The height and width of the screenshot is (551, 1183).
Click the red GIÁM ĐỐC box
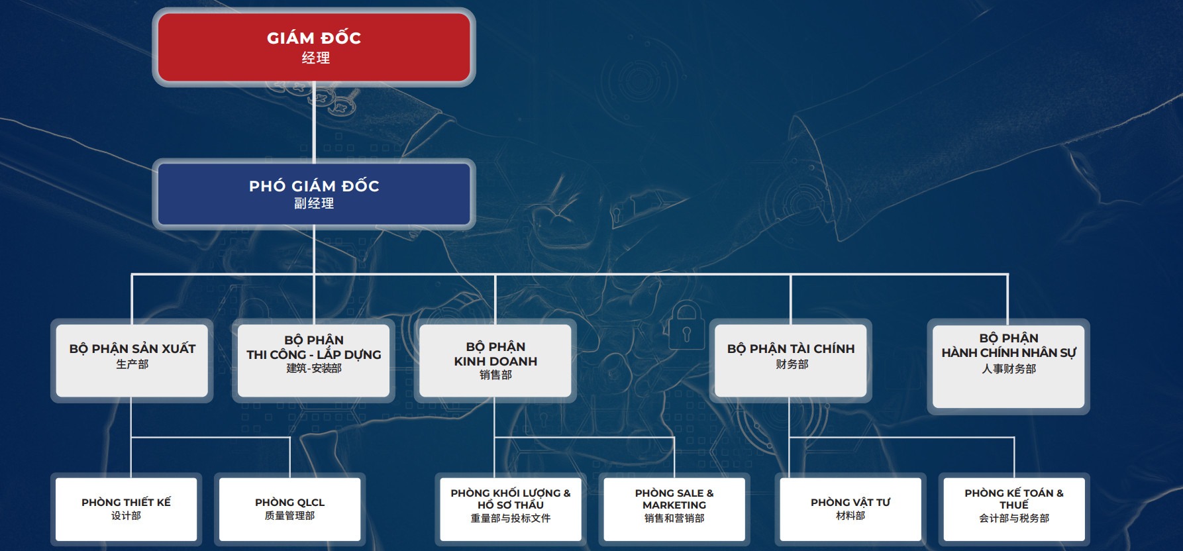pyautogui.click(x=314, y=47)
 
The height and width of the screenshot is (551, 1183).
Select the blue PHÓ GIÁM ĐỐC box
pyautogui.click(x=314, y=194)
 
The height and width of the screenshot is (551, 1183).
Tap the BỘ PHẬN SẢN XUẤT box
pyautogui.click(x=132, y=360)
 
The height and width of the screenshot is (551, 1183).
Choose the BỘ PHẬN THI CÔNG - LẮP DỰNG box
pyautogui.click(x=313, y=360)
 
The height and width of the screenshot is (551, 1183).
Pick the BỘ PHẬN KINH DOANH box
pyautogui.click(x=495, y=360)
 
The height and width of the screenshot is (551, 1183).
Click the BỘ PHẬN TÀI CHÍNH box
pyautogui.click(x=790, y=360)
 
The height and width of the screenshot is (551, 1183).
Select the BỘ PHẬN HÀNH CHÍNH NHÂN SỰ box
pyautogui.click(x=1008, y=366)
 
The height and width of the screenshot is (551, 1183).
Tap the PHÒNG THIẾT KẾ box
pyautogui.click(x=126, y=509)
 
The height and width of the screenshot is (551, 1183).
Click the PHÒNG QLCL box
pyautogui.click(x=289, y=509)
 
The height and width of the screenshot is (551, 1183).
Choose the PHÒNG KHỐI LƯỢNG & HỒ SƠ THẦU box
pyautogui.click(x=511, y=509)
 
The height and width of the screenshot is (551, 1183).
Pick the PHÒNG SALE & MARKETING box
pyautogui.click(x=674, y=509)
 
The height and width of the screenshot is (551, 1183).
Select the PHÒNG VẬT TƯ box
pyautogui.click(x=850, y=509)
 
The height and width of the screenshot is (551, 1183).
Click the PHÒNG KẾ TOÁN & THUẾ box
pyautogui.click(x=1014, y=509)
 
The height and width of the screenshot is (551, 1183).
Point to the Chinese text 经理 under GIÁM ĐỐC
pyautogui.click(x=315, y=58)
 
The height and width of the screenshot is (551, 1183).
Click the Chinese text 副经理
pyautogui.click(x=314, y=203)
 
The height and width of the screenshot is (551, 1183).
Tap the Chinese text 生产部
pyautogui.click(x=132, y=364)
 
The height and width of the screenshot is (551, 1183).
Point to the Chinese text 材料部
pyautogui.click(x=850, y=515)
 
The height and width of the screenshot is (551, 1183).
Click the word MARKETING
pyautogui.click(x=674, y=505)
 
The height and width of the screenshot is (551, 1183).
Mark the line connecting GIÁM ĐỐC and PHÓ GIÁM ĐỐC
pyautogui.click(x=314, y=123)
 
